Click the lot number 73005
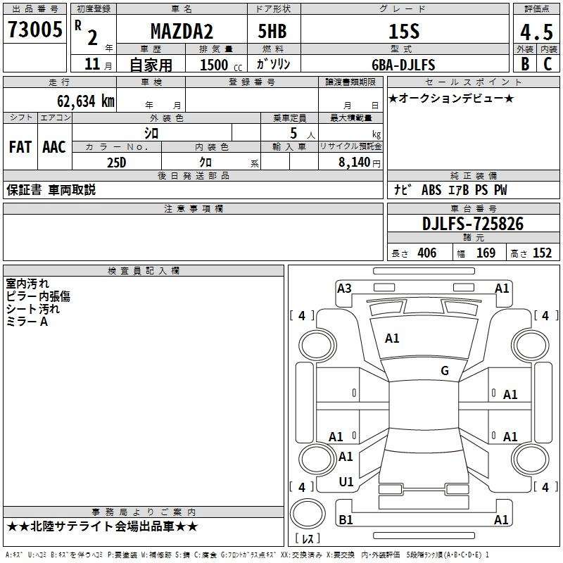(x=34, y=30)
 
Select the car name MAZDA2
(x=182, y=31)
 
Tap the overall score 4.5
(x=536, y=32)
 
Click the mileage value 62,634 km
(x=86, y=101)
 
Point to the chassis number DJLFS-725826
(x=473, y=224)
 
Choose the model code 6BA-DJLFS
(x=403, y=65)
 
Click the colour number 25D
(x=117, y=163)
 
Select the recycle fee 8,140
(x=355, y=162)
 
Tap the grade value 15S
(x=404, y=31)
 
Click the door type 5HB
(x=272, y=31)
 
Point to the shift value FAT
(x=20, y=147)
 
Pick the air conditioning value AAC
(x=54, y=147)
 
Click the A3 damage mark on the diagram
(x=344, y=289)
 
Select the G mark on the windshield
(x=445, y=370)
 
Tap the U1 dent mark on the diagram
(x=346, y=482)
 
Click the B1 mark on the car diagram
(x=346, y=519)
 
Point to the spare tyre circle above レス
(x=308, y=514)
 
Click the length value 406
(x=427, y=253)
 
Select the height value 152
(x=542, y=253)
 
